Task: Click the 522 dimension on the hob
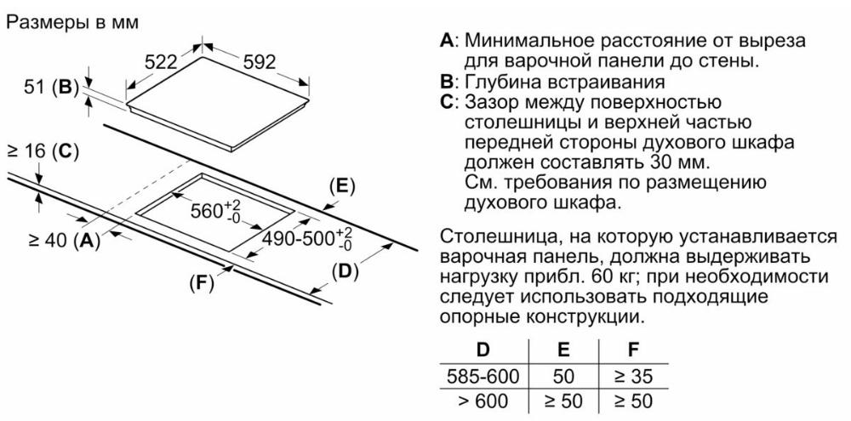pos(162,62)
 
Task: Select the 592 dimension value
pos(259,62)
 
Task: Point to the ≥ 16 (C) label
pos(43,152)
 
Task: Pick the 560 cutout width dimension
pos(215,210)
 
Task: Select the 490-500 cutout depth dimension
pos(307,239)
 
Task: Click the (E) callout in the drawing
pos(341,186)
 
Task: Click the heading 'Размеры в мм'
pos(72,22)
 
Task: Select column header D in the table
pos(483,350)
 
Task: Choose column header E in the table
pos(564,350)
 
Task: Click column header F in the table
pos(633,350)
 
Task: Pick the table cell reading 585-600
pos(483,375)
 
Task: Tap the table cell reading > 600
pos(483,401)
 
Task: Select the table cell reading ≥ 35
pos(633,375)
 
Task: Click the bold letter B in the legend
pos(446,82)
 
